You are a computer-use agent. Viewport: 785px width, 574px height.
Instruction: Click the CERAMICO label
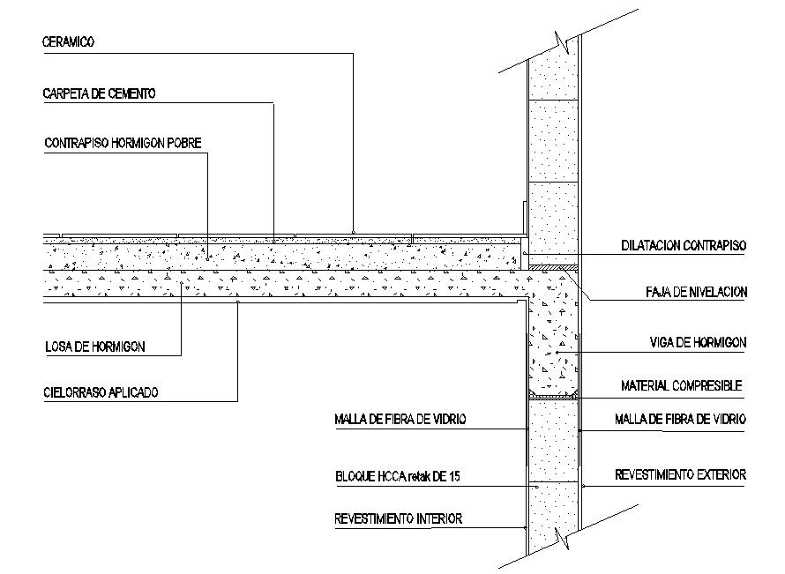[70, 41]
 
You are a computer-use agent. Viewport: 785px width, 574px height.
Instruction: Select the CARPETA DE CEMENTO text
[100, 93]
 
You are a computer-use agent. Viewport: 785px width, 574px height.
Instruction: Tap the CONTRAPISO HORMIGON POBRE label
[123, 143]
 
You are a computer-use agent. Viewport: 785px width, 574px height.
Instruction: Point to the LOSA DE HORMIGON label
[95, 347]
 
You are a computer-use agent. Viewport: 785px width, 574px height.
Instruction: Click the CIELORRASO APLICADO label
[101, 392]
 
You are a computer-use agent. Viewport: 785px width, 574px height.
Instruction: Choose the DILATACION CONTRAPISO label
[684, 246]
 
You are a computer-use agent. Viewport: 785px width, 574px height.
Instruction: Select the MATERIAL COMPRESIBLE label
[681, 385]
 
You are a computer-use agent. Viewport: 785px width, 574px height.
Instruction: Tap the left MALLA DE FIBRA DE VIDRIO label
[399, 419]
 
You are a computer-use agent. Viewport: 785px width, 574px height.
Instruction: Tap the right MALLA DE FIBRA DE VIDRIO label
[680, 419]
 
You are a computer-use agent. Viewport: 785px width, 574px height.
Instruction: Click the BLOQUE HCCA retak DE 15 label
[398, 477]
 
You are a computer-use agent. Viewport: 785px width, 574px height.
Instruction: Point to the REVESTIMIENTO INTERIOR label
[398, 518]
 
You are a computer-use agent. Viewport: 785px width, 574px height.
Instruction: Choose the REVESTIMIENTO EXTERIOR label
[680, 474]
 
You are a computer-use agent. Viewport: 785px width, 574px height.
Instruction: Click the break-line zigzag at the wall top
[562, 39]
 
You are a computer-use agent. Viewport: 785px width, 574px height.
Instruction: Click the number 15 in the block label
[454, 477]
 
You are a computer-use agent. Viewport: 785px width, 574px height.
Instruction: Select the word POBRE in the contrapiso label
[184, 143]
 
